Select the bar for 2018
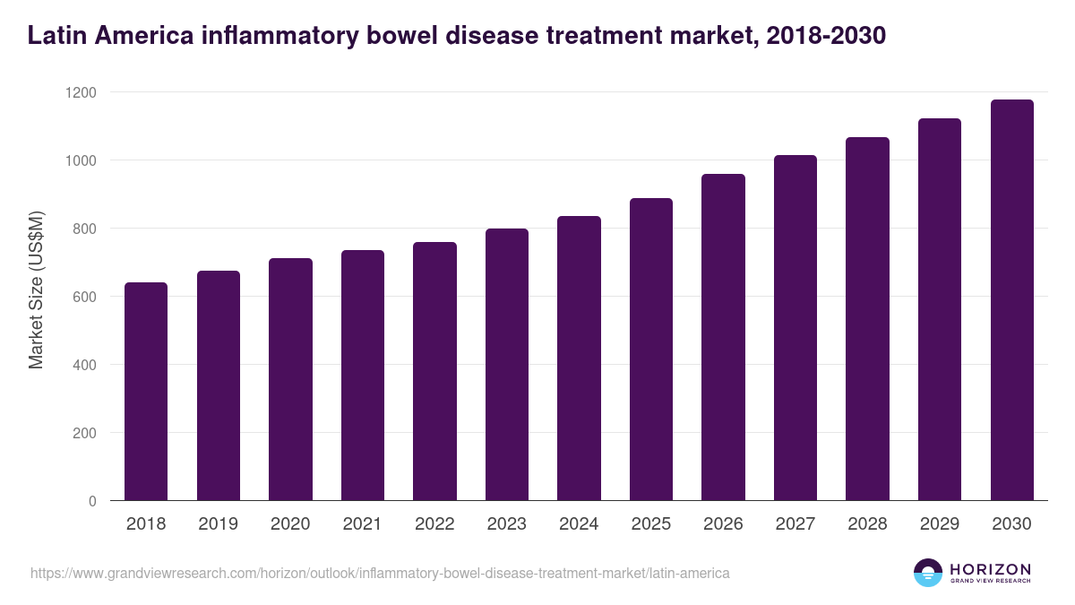(146, 392)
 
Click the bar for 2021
(362, 376)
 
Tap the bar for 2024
(579, 359)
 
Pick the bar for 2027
(795, 328)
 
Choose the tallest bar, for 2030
(1012, 300)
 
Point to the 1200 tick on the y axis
(84, 92)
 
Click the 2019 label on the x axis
(218, 524)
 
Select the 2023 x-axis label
(506, 524)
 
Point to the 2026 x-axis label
(723, 524)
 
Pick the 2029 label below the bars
(940, 524)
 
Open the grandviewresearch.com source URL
(380, 573)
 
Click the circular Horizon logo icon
(928, 573)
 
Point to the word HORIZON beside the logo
(990, 569)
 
